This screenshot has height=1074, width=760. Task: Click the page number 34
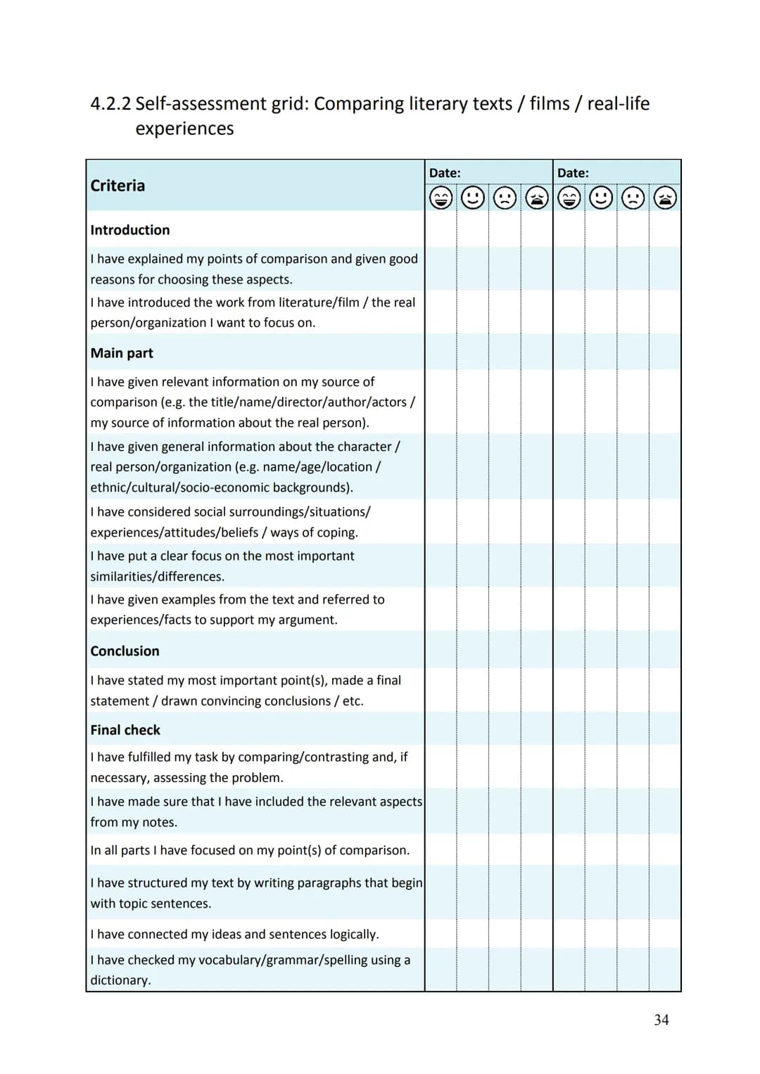661,1020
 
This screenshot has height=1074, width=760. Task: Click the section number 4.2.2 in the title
110,104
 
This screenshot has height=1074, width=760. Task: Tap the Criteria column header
118,186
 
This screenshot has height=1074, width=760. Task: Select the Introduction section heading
130,230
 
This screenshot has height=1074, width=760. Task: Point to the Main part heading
122,353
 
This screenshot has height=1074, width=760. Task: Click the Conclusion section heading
125,651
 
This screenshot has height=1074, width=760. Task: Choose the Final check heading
125,730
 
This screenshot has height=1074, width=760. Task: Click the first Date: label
445,173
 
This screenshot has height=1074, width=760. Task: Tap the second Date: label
573,173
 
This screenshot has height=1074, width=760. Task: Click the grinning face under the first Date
441,198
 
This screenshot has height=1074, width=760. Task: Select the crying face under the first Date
537,198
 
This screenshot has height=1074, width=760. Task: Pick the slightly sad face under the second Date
633,198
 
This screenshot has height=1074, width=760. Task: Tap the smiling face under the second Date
601,198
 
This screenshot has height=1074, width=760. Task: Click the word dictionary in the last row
120,980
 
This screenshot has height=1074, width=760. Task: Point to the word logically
353,934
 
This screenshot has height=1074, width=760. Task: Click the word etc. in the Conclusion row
353,701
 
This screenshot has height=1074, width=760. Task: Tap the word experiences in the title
184,129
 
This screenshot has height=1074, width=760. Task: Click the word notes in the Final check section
159,822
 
